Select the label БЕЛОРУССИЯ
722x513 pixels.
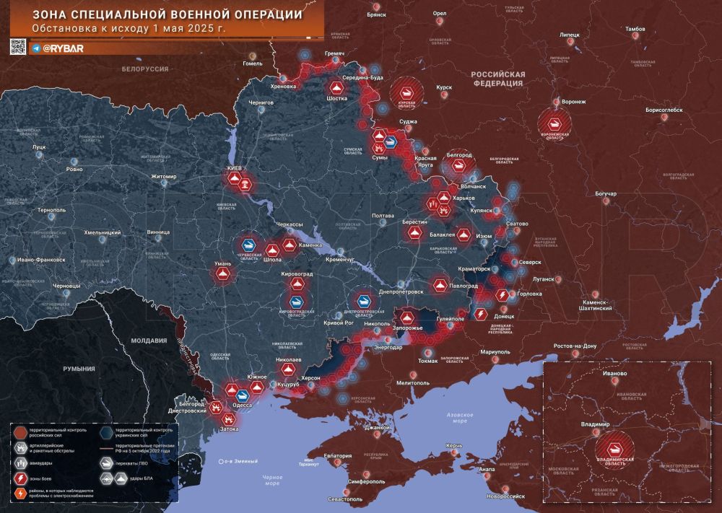click(x=144, y=69)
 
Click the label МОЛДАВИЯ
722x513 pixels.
click(x=149, y=340)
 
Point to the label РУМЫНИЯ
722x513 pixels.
click(x=79, y=369)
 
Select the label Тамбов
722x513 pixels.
click(x=635, y=29)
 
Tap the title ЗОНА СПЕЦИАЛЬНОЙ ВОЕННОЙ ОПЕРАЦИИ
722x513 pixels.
click(x=168, y=14)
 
